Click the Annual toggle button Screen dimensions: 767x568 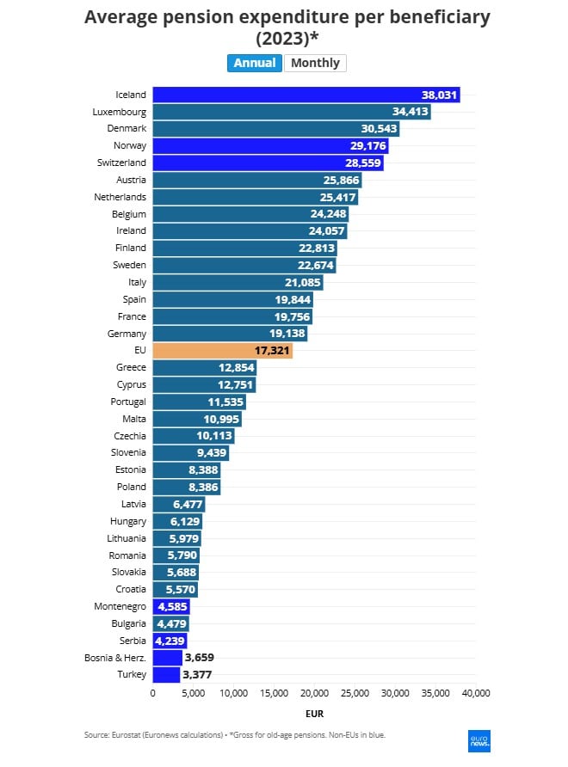pyautogui.click(x=255, y=63)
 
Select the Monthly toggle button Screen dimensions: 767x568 pyautogui.click(x=315, y=63)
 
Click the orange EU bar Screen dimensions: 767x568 pyautogui.click(x=222, y=351)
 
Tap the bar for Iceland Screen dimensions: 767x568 pyautogui.click(x=306, y=95)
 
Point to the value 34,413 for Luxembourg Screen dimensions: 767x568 pyautogui.click(x=410, y=112)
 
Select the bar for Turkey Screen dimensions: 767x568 pyautogui.click(x=166, y=675)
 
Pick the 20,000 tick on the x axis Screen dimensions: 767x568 pyautogui.click(x=314, y=693)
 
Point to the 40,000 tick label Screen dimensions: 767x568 pyautogui.click(x=475, y=693)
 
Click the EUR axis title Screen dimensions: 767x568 pyautogui.click(x=314, y=713)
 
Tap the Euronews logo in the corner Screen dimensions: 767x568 pyautogui.click(x=478, y=742)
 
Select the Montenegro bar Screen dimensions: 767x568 pyautogui.click(x=165, y=607)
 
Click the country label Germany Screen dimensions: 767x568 pyautogui.click(x=127, y=334)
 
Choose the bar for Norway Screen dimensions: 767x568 pyautogui.click(x=270, y=146)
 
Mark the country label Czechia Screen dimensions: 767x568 pyautogui.click(x=130, y=436)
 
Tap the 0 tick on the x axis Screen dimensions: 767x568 pyautogui.click(x=153, y=693)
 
